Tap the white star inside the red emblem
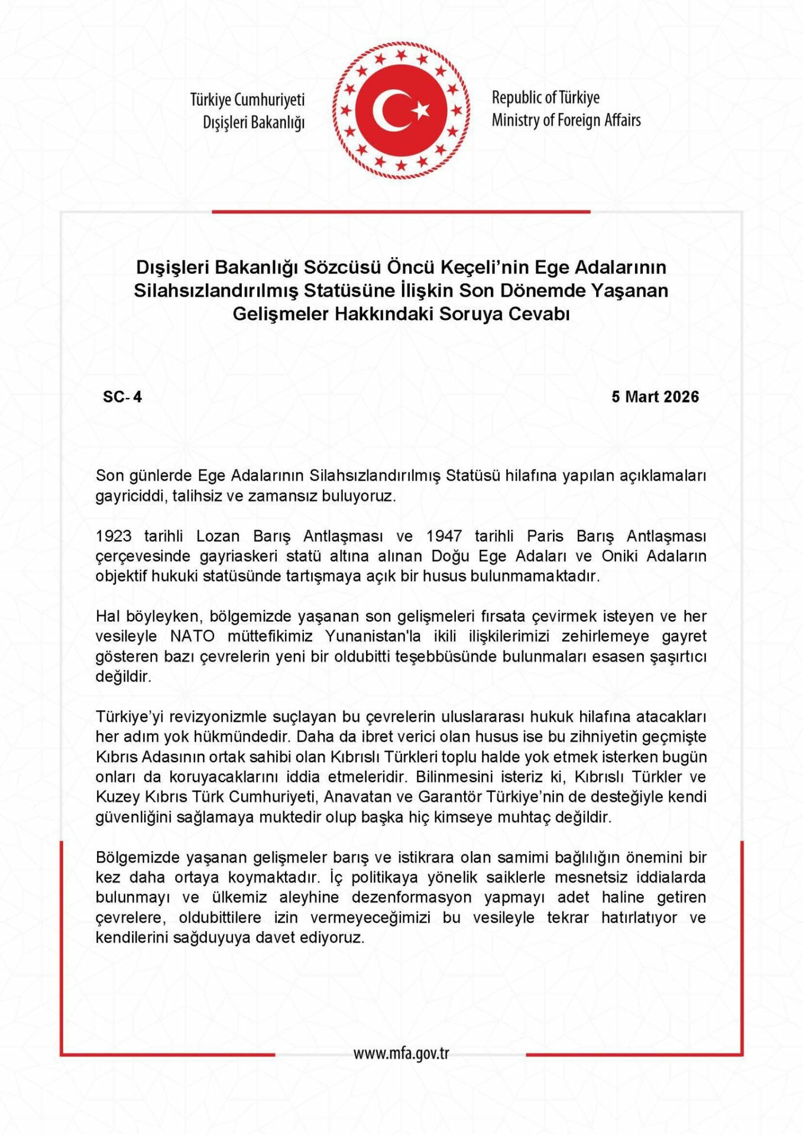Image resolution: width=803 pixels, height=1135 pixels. coord(420,110)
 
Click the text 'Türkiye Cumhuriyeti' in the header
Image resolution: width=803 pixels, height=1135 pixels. coord(247,100)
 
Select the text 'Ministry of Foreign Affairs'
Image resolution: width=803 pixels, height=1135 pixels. coord(566,121)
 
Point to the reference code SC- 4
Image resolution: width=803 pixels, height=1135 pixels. coord(122,397)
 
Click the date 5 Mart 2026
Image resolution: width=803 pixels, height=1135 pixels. coord(655,397)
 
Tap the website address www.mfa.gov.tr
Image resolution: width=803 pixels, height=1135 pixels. coord(401,1053)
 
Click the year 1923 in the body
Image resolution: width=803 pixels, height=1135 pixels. coord(114,536)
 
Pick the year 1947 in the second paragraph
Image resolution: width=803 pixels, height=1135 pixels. coord(444,536)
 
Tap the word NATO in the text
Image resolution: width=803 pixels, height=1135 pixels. coord(190,636)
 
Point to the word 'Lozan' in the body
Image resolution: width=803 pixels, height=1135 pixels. coord(218,536)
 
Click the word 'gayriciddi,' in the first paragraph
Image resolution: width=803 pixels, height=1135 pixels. coord(131,495)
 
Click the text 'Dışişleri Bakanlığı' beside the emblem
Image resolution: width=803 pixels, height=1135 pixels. coord(254,123)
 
